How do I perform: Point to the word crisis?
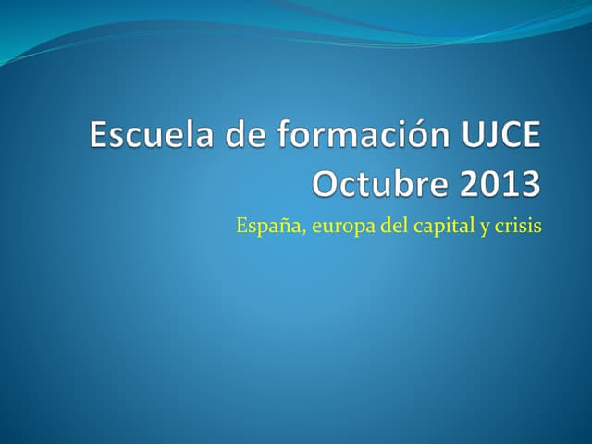click(519, 225)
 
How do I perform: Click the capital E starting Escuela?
click(100, 136)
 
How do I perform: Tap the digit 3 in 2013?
click(528, 183)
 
